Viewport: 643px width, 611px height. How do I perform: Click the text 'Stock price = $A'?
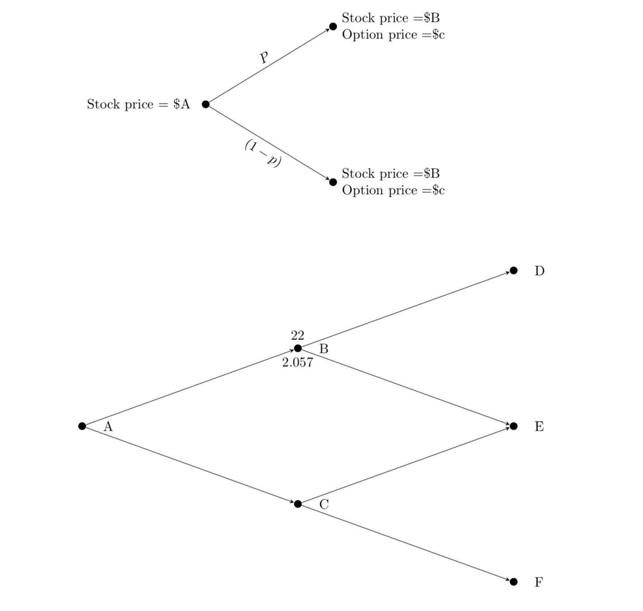click(x=138, y=104)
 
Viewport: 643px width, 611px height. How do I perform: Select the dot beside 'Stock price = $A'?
click(x=206, y=104)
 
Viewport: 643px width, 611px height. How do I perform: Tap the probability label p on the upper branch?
click(x=264, y=57)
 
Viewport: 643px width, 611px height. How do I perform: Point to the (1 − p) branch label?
click(x=263, y=153)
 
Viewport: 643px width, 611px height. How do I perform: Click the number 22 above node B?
click(x=297, y=335)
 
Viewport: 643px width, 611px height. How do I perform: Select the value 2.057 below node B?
click(x=297, y=363)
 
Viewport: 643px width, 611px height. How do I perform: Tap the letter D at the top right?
click(x=539, y=271)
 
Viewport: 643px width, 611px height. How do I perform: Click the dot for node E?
click(x=513, y=426)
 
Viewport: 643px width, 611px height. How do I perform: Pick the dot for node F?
click(x=513, y=581)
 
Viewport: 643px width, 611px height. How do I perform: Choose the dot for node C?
click(x=298, y=504)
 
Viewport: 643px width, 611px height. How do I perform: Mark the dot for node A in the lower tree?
click(x=82, y=426)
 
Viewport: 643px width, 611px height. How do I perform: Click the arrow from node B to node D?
click(x=406, y=310)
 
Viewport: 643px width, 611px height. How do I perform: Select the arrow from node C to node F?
click(x=406, y=543)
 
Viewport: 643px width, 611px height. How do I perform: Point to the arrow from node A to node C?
click(x=190, y=465)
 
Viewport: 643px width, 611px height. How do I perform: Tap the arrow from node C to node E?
click(x=406, y=465)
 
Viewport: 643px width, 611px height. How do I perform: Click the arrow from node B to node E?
click(x=406, y=387)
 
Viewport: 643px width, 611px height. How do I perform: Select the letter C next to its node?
click(x=324, y=505)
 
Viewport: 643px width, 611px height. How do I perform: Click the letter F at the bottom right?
click(x=539, y=582)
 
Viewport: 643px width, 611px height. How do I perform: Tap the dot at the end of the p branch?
click(x=333, y=26)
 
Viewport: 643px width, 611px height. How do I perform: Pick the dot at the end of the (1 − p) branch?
click(x=333, y=182)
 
